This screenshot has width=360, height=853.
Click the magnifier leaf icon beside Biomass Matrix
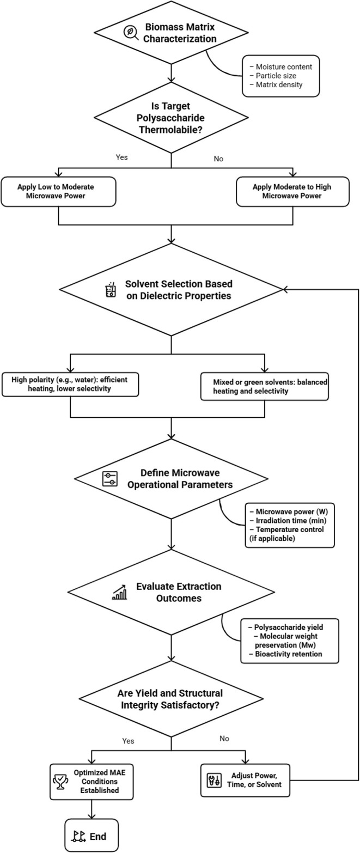tap(131, 33)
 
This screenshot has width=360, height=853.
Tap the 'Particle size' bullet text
tap(276, 76)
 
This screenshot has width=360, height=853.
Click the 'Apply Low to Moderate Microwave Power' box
tap(58, 192)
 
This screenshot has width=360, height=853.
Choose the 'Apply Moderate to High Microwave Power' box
tap(292, 192)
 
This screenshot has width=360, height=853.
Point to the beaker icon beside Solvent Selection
tap(111, 290)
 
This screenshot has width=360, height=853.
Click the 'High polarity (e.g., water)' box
tap(70, 384)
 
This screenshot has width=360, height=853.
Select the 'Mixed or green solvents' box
tap(264, 386)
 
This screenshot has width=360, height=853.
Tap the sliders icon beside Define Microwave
tap(110, 479)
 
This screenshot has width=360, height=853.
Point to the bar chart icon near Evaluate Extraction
tap(119, 592)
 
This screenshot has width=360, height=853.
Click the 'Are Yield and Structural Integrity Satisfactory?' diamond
tap(171, 699)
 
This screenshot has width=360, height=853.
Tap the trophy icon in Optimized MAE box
tap(60, 782)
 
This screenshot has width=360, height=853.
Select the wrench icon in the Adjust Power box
tap(213, 780)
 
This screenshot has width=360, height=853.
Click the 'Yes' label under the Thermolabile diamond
tap(121, 157)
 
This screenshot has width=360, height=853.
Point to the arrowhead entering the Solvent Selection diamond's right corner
tap(285, 290)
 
